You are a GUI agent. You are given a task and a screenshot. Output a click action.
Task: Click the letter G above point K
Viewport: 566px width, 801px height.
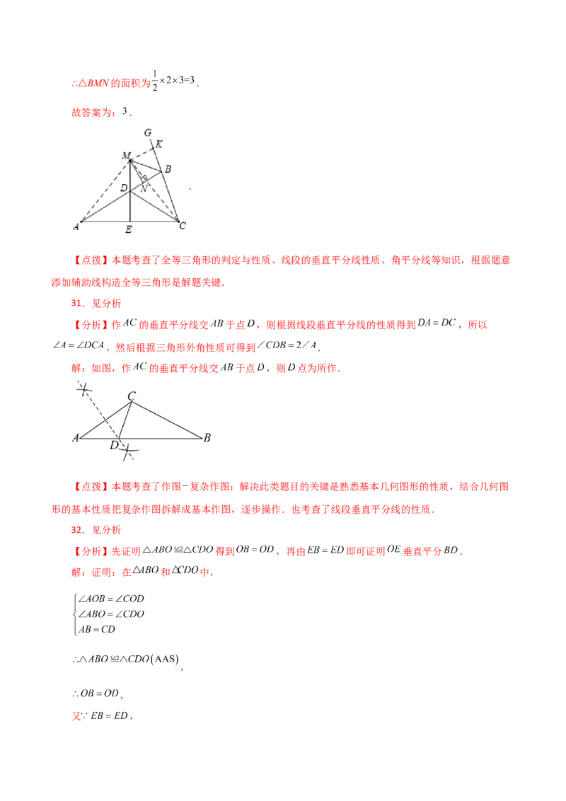147,132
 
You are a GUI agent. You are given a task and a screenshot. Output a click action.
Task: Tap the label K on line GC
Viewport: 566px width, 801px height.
158,144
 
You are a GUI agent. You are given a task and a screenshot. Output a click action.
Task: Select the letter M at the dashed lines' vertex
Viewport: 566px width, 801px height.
125,155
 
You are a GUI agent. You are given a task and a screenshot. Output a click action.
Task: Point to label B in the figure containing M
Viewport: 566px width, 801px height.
168,170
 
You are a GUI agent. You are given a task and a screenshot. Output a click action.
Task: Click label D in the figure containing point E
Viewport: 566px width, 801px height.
123,188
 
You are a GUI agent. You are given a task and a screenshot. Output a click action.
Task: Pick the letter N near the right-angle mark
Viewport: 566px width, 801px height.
144,188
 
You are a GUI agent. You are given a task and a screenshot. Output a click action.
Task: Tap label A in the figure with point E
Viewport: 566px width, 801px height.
75,226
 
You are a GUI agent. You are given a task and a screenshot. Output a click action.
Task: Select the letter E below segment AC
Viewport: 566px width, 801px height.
128,230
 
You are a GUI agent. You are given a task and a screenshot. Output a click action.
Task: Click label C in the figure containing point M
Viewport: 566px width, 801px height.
183,226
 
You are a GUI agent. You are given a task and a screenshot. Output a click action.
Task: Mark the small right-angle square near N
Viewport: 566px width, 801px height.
144,177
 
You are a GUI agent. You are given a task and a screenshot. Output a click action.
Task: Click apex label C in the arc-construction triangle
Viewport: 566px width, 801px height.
132,396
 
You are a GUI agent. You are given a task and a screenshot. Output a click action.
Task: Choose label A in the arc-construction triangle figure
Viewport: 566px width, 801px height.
75,438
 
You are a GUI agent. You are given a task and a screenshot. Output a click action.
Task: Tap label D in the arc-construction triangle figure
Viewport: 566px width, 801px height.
113,445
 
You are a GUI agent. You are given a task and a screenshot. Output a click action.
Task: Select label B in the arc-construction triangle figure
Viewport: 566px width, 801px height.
207,438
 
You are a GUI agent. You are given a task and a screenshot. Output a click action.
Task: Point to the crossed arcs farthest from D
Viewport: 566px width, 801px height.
84,388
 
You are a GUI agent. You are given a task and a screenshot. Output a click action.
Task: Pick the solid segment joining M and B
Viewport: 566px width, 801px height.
146,166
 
